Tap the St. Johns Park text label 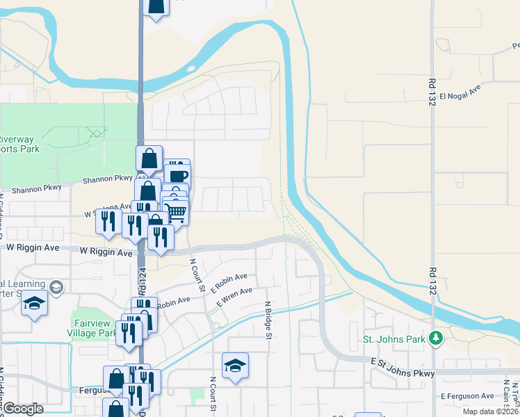(394, 341)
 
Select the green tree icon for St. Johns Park (436, 338)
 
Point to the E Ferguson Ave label (466, 395)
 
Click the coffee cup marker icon (178, 174)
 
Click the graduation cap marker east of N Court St (236, 366)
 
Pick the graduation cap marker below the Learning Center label (33, 304)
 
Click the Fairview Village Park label (94, 324)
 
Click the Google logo (23, 409)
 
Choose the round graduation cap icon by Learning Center (56, 286)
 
